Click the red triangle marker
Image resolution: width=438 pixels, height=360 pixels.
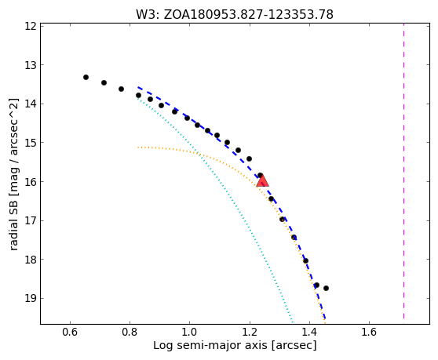coord(263,181)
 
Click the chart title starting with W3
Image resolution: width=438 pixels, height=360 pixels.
coord(235,15)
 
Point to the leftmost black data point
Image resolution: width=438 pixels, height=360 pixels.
coord(86,78)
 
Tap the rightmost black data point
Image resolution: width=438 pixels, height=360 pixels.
coord(326,289)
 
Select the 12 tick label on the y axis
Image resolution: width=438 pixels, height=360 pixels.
coord(31,26)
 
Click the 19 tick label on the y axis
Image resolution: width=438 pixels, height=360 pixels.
coord(31,299)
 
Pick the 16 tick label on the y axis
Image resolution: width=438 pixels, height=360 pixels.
coord(31,182)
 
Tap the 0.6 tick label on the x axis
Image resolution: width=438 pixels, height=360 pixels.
coord(70,332)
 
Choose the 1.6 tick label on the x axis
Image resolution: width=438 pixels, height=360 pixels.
coord(369,332)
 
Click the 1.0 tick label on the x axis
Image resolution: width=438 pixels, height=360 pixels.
coord(189,332)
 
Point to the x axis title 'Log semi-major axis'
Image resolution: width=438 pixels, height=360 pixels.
coord(210,346)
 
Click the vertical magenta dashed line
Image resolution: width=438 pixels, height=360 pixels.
coord(403,172)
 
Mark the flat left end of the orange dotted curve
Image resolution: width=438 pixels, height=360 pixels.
coord(138,147)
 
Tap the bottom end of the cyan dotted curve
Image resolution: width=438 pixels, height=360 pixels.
coord(293,322)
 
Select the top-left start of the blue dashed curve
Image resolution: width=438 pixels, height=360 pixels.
coord(138,87)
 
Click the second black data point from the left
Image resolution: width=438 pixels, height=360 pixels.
coord(104,82)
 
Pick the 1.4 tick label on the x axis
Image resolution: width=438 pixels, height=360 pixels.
coord(309,332)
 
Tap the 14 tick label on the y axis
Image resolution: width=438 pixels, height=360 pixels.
coord(31,104)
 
